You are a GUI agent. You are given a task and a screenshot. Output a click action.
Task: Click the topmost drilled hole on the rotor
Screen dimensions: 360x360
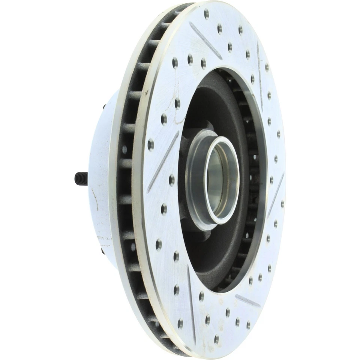coord(206,14)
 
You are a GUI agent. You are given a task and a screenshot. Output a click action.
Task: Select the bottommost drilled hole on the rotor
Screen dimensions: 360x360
coord(216,339)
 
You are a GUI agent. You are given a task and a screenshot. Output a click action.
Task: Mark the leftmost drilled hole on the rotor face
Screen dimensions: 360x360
coord(151,144)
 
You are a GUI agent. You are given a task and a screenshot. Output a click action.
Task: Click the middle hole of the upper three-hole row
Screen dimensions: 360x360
coord(190,58)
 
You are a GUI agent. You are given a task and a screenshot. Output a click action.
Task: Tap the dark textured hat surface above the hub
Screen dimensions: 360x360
coord(214,101)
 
